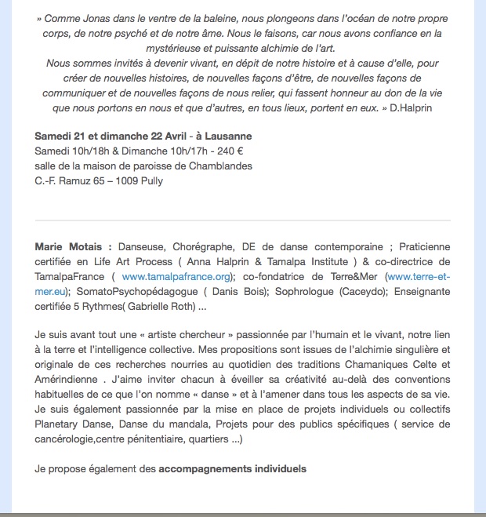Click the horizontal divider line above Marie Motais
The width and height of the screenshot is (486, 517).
coord(243,220)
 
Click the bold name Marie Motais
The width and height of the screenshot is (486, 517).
coord(68,246)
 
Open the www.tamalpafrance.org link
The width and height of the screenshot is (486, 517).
coord(176,276)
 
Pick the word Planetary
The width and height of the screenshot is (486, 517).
coord(60,424)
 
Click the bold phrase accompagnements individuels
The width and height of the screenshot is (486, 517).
coord(232,469)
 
